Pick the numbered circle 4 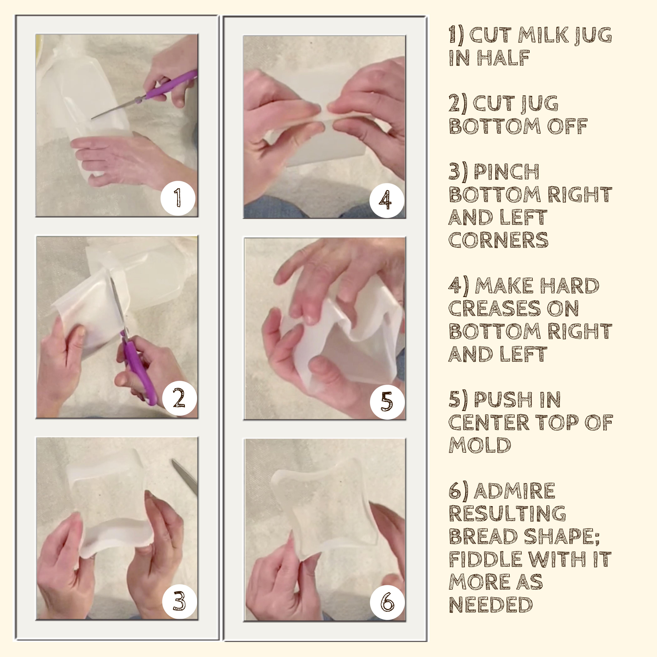pos(387,200)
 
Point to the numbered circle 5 pos(387,402)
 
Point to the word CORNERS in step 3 pos(499,240)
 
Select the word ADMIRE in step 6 pos(514,491)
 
